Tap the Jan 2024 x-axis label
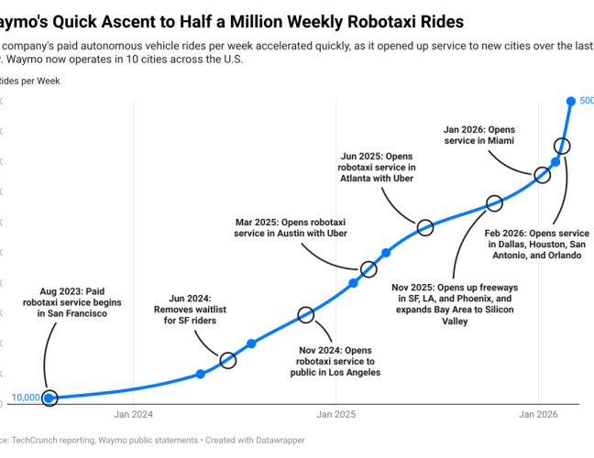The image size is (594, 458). coord(134,414)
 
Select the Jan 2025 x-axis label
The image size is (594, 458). coord(335,414)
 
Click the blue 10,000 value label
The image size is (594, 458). coord(24,398)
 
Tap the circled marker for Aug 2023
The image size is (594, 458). coord(49,398)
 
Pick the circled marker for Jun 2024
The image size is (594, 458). coord(228,360)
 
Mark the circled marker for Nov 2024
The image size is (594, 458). coord(306,315)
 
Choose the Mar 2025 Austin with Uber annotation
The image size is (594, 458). coord(291,228)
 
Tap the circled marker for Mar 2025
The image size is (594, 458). coord(368,269)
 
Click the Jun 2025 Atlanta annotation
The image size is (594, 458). coord(377,167)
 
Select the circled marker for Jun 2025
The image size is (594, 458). coord(424,227)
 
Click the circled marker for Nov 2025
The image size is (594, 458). coord(494,203)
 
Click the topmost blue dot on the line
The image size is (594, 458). coord(571,101)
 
